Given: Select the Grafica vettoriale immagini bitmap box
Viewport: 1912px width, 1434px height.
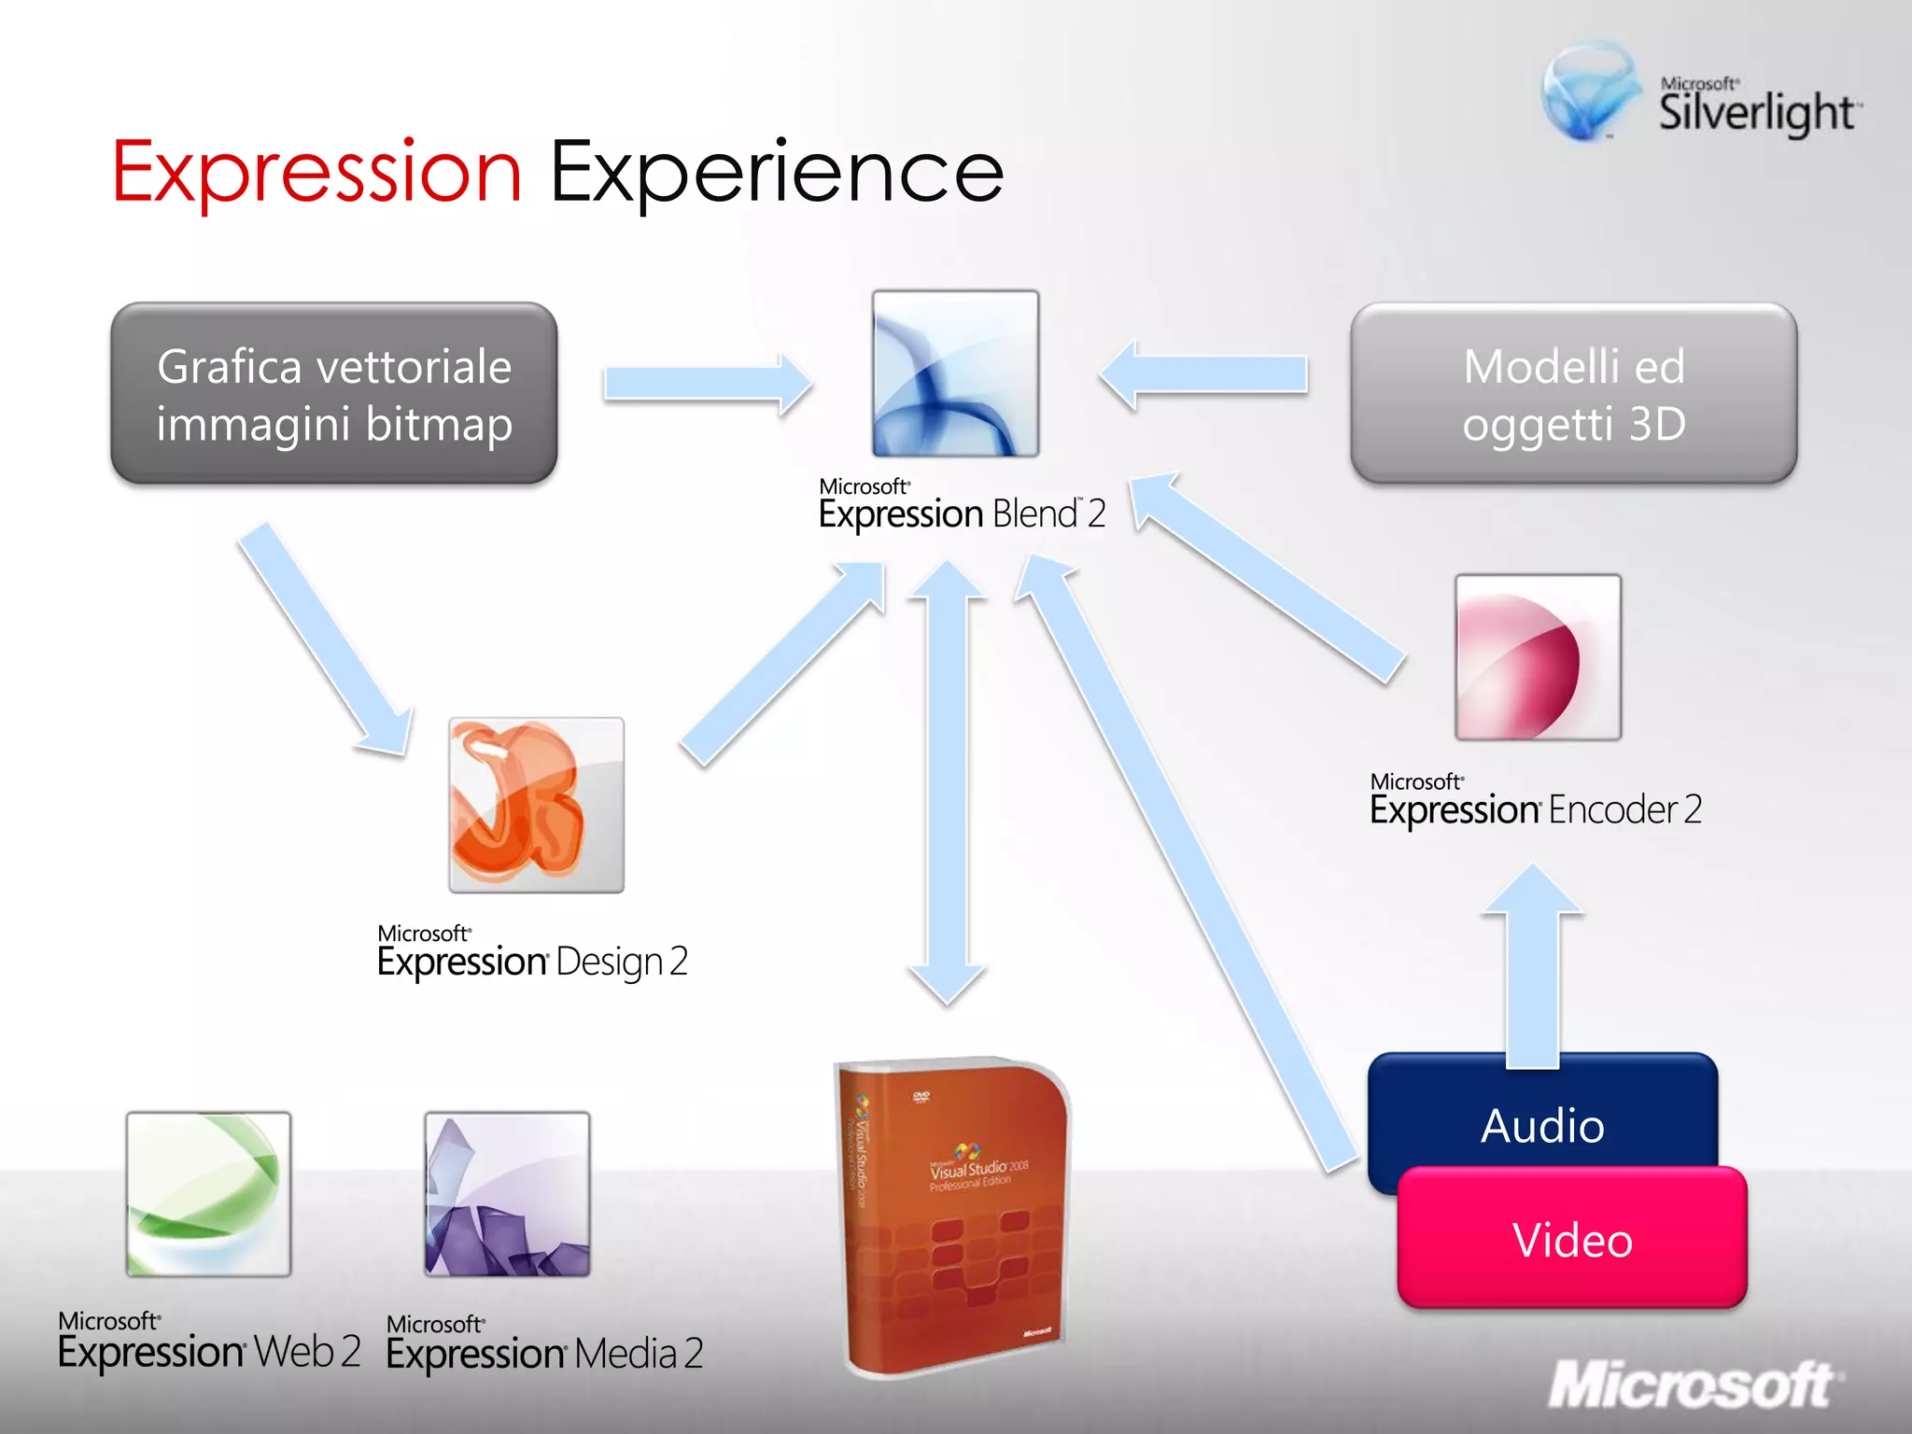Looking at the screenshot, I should point(334,393).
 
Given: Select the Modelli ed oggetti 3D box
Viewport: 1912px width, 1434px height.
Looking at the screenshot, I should point(1573,393).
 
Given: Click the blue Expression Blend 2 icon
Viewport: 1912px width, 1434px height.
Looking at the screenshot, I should point(955,373).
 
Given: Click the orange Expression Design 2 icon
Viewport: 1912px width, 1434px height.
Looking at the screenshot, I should point(536,805).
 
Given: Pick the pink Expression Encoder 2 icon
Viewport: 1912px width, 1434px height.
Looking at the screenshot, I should point(1538,657).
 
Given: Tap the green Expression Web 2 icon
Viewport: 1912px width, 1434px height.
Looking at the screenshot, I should point(208,1193).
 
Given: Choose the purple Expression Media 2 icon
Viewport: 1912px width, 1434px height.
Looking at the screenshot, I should point(507,1193).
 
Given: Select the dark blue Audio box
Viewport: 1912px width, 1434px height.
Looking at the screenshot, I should point(1542,1111).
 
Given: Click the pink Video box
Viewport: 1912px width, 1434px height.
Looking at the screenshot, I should point(1572,1239).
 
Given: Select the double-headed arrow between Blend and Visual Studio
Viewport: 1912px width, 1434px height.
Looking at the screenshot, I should point(948,784).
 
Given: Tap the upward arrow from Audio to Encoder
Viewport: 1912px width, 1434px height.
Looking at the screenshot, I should point(1532,971).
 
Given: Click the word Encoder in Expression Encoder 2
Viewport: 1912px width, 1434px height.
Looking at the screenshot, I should point(1612,809).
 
